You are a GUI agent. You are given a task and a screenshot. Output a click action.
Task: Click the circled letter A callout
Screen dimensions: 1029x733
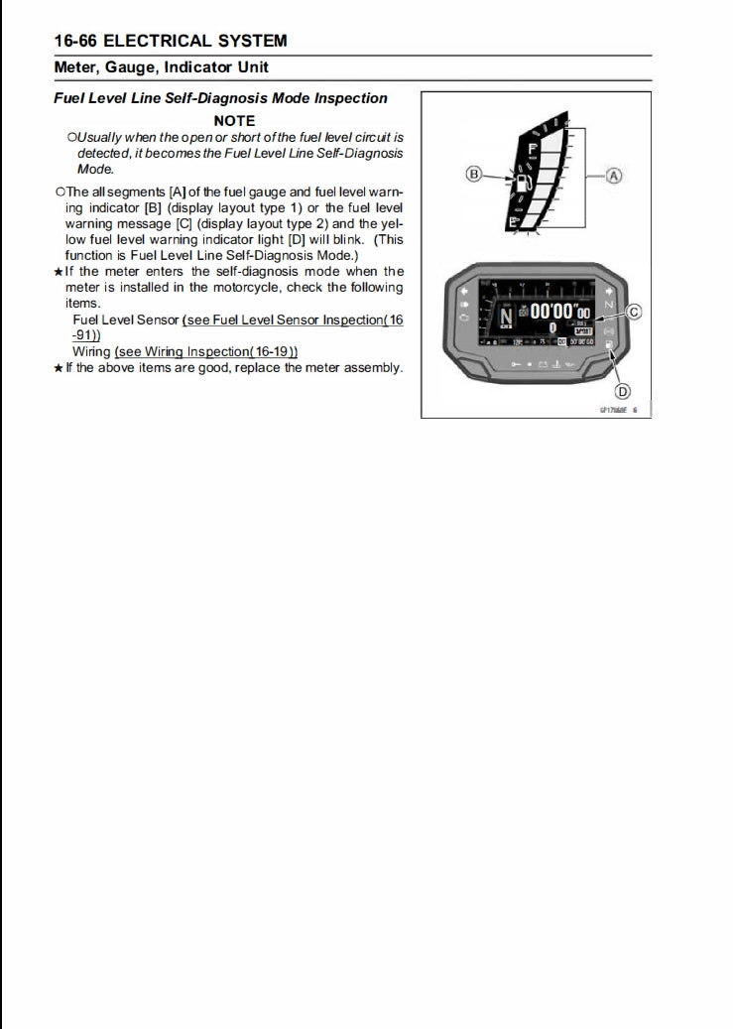614,176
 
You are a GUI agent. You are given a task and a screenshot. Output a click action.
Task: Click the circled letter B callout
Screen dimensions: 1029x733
474,175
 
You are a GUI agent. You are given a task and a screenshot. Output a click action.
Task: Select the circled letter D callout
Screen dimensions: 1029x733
624,390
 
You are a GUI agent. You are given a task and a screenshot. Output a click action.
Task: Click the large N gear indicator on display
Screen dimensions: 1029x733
506,318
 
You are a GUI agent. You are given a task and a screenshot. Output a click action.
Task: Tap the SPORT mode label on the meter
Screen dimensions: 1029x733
582,329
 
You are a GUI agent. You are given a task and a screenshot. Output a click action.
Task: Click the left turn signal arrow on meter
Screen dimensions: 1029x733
463,293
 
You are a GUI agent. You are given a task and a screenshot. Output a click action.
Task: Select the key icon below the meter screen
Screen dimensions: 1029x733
514,364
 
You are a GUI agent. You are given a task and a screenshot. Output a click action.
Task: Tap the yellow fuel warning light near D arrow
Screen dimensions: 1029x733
609,343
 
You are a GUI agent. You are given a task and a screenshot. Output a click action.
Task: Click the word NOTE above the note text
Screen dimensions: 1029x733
234,121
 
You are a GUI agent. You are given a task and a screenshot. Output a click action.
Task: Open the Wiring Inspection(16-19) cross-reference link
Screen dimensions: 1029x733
206,351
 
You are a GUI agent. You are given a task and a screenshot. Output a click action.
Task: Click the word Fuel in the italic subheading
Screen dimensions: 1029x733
70,98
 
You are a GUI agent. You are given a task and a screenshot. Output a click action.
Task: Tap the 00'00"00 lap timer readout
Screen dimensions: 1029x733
560,311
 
